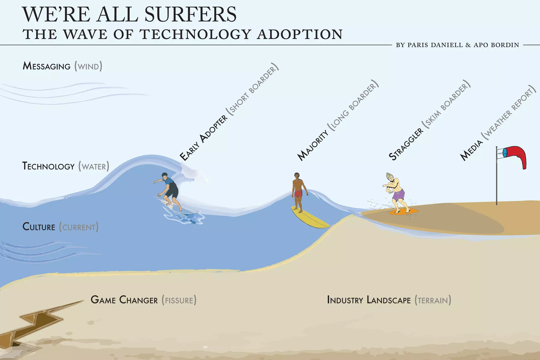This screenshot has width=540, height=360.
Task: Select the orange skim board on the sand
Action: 403,211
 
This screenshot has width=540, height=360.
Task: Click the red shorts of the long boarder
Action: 298,194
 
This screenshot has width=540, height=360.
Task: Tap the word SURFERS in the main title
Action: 190,15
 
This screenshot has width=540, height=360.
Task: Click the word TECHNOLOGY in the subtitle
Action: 195,35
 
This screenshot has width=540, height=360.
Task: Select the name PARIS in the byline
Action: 418,45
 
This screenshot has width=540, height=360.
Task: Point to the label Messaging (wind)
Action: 62,66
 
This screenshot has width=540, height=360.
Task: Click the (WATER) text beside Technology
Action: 94,167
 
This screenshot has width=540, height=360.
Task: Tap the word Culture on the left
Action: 39,227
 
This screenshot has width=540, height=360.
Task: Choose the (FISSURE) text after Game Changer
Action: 179,300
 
